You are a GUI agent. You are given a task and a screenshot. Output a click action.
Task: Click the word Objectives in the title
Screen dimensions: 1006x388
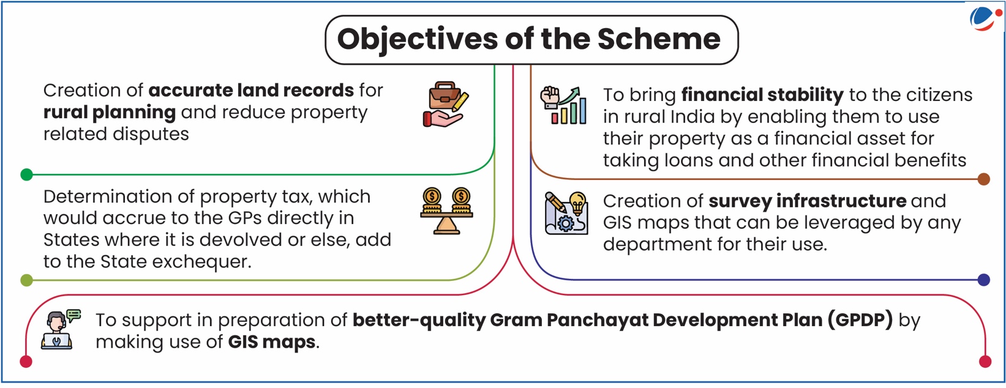417,40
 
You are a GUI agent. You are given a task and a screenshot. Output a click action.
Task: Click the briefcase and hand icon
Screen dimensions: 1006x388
446,104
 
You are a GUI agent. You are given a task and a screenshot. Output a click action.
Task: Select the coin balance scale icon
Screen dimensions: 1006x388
446,211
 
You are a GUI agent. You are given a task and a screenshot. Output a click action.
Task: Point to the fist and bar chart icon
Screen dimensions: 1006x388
563,105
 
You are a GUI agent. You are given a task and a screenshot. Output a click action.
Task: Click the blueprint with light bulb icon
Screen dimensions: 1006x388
566,213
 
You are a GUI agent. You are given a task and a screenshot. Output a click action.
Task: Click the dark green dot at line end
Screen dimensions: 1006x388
26,174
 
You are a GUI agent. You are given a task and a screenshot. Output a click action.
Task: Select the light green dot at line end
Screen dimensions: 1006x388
26,280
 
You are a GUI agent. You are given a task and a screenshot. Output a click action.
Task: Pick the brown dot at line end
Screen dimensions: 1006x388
983,179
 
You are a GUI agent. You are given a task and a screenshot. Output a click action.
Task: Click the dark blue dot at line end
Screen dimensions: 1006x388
983,280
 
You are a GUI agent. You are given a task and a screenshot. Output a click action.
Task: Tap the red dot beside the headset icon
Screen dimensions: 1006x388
26,361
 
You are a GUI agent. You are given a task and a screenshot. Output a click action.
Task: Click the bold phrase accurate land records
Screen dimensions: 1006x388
251,90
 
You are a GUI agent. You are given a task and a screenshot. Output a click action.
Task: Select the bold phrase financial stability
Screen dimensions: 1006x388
762,95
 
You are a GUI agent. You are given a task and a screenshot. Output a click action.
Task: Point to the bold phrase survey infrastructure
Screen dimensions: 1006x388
808,201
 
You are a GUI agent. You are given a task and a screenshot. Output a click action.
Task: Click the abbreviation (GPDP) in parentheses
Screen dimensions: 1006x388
860,320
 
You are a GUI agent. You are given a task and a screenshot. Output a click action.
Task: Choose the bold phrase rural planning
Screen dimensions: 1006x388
110,113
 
